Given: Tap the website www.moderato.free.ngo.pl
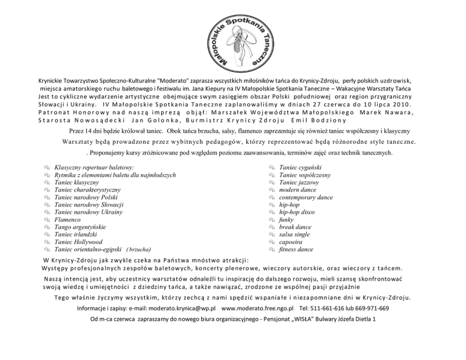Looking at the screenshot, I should (x=257, y=308).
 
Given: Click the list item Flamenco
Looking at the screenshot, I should (x=67, y=219).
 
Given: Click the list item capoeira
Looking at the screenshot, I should (x=290, y=242).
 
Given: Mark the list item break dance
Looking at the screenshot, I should (x=295, y=227).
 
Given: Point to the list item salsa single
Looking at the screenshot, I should (x=294, y=235).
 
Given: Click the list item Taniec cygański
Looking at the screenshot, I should (x=300, y=167).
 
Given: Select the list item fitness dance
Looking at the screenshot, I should (x=296, y=250).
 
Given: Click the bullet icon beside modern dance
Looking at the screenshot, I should (x=272, y=190).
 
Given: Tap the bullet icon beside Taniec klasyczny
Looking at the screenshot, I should (x=47, y=182).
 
